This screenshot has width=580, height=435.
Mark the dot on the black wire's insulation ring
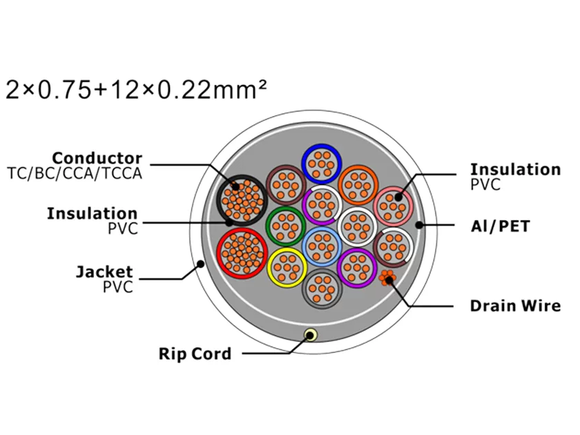point(229,222)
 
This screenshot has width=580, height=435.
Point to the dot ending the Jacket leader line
point(201,264)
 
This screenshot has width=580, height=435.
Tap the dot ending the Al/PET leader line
point(419,225)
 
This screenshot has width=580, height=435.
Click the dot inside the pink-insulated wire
point(398,197)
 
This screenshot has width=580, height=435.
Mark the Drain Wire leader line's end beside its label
point(453,307)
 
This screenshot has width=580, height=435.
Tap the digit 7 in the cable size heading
point(66,90)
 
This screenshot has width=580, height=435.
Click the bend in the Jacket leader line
point(182,278)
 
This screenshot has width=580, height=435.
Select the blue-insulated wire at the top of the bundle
point(322,164)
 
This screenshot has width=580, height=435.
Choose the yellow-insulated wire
point(287,268)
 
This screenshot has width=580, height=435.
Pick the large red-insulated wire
point(242,253)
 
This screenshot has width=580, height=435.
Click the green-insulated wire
point(286,226)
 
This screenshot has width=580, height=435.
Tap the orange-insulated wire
point(358,185)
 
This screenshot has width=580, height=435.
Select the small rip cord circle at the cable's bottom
point(310,336)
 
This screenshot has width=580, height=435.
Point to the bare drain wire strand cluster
point(387,278)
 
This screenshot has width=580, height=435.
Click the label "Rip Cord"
point(195,354)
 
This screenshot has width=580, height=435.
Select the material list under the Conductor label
point(75,173)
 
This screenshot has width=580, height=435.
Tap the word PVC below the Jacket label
point(117,287)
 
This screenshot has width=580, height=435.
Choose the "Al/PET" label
point(500,226)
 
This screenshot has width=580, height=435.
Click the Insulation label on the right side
point(515,169)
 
